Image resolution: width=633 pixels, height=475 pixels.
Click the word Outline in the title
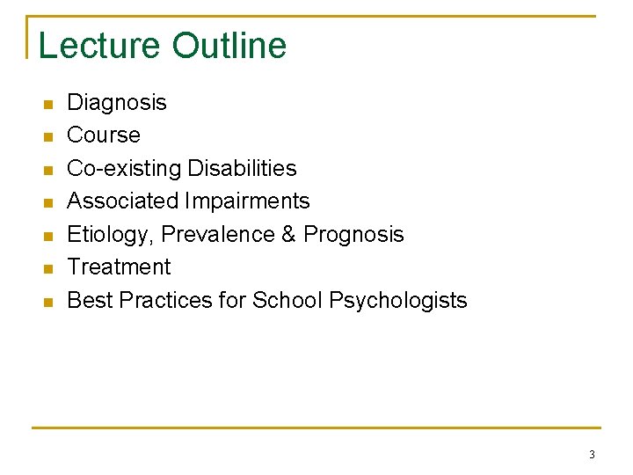click(x=229, y=46)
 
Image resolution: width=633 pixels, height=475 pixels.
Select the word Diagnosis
click(x=117, y=103)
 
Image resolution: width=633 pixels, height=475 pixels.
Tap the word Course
click(x=104, y=135)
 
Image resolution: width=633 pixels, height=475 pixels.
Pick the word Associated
click(x=123, y=201)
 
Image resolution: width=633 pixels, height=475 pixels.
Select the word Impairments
click(x=248, y=201)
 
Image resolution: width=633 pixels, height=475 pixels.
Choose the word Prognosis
click(x=353, y=234)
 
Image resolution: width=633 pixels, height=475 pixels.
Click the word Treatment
click(x=120, y=267)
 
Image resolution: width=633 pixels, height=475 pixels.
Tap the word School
click(x=287, y=300)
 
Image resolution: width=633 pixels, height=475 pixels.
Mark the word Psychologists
click(x=398, y=300)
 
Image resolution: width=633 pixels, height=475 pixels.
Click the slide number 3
click(x=592, y=455)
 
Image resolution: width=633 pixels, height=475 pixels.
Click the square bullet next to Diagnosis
click(x=48, y=105)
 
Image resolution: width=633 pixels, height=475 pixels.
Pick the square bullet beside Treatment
click(x=48, y=269)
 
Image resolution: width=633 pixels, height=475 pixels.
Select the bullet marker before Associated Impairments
click(x=48, y=203)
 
